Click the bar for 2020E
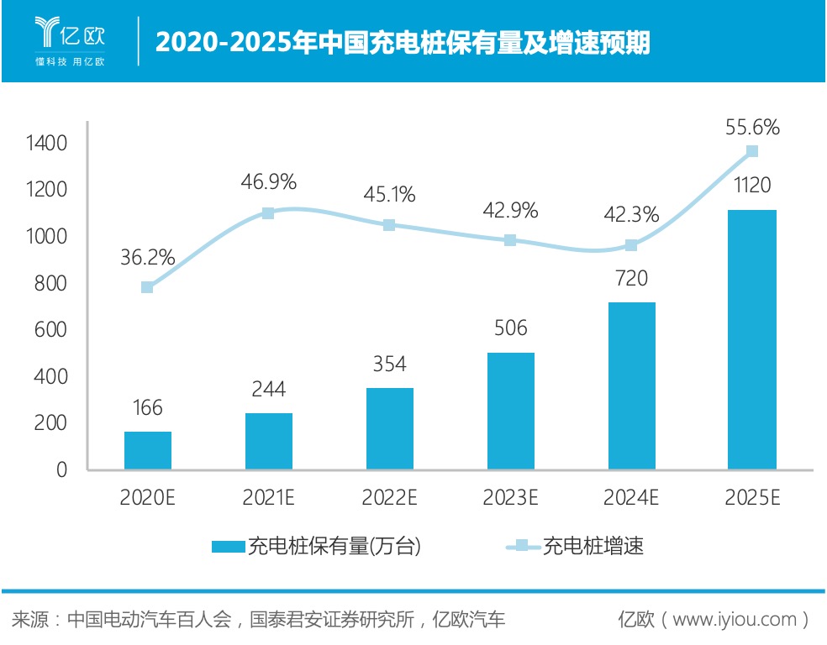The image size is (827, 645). point(148,450)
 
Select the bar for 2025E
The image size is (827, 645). point(751,339)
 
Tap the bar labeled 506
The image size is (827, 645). point(510,411)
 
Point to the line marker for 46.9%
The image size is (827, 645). point(268,213)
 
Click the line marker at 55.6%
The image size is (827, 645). point(752,151)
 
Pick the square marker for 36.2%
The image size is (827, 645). point(147,287)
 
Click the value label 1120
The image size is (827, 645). point(751,186)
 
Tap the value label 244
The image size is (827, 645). point(268,389)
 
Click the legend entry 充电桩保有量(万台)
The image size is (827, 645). point(315,547)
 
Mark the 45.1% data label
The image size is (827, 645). point(389,195)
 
